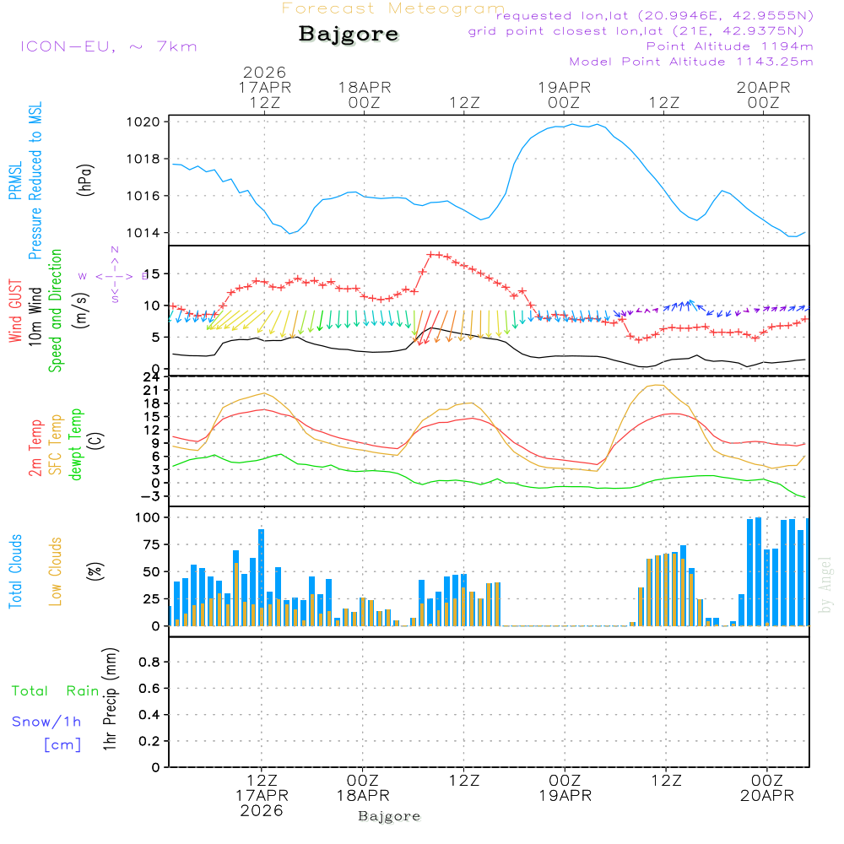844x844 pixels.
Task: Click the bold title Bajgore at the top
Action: (x=349, y=35)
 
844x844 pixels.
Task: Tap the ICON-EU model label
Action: (x=108, y=46)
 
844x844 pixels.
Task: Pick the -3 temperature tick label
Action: (x=152, y=496)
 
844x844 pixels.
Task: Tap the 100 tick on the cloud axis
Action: (x=149, y=517)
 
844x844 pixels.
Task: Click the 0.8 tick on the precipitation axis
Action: (x=149, y=663)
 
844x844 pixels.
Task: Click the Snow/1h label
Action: (x=47, y=722)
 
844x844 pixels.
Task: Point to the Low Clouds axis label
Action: (x=56, y=571)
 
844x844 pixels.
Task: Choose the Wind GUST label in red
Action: (x=15, y=311)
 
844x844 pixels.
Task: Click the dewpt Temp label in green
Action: (x=76, y=445)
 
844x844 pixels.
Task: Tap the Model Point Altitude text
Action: (x=691, y=62)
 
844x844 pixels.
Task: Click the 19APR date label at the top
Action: (x=564, y=87)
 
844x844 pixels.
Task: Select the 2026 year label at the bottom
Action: (x=262, y=810)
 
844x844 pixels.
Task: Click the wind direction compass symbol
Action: (x=114, y=276)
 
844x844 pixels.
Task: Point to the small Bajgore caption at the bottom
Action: (x=389, y=816)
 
